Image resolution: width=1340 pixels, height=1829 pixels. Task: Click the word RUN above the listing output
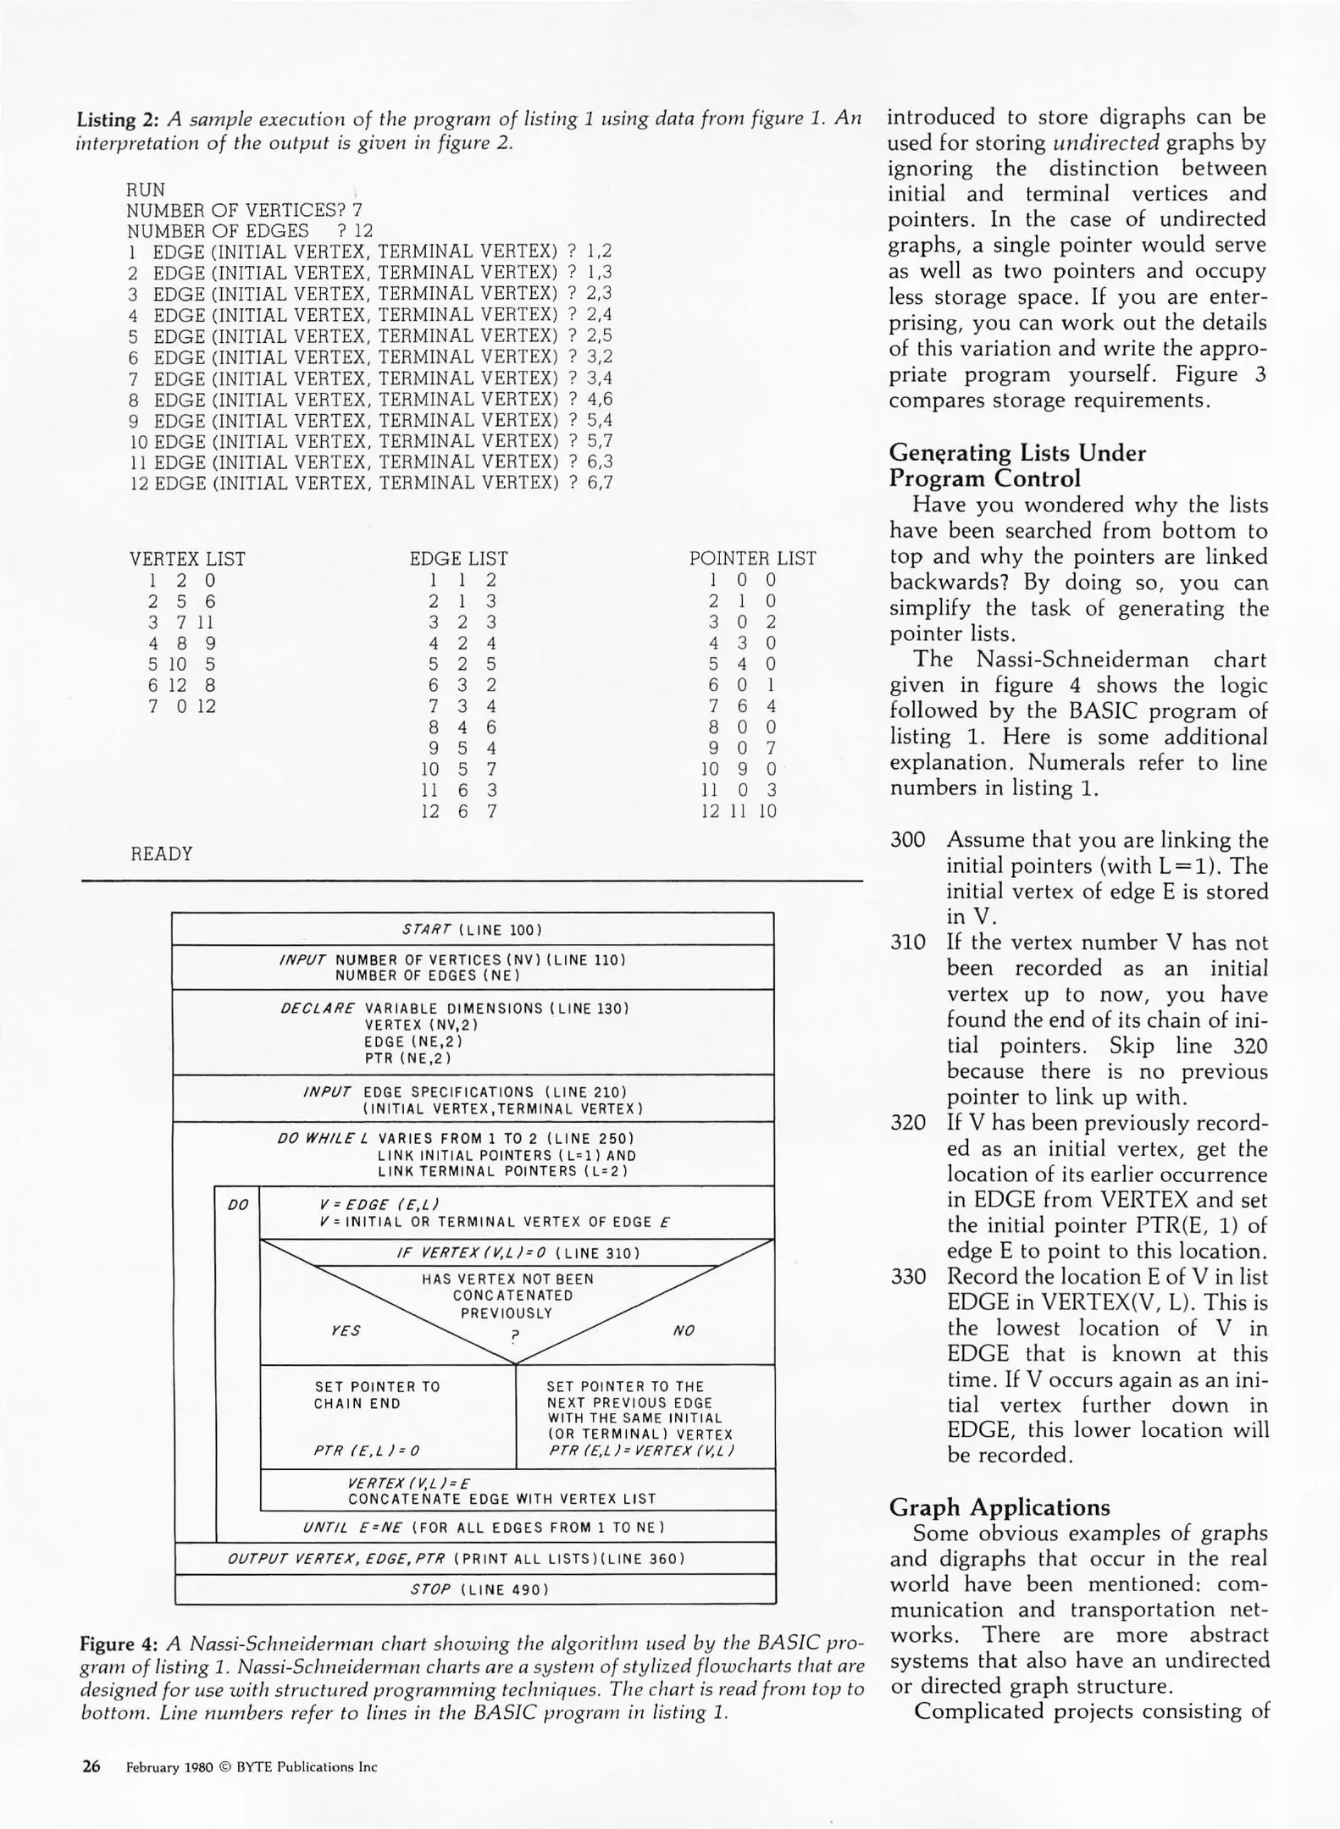[x=146, y=190]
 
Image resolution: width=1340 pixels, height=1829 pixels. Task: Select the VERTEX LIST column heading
[x=187, y=559]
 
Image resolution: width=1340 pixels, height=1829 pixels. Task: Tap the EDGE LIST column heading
[x=458, y=559]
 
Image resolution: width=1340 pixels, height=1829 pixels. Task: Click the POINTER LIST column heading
[x=752, y=559]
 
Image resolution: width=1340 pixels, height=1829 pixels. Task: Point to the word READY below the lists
[x=162, y=854]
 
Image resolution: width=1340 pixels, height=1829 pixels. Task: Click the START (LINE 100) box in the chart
[x=473, y=930]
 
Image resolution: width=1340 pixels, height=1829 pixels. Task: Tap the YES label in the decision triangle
[x=346, y=1330]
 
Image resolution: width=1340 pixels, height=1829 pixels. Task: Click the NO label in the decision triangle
[x=683, y=1330]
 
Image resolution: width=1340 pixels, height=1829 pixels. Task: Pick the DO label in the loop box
[x=238, y=1205]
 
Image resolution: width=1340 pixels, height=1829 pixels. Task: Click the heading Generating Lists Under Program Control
[x=1016, y=466]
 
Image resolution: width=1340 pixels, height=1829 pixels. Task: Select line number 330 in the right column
[x=907, y=1276]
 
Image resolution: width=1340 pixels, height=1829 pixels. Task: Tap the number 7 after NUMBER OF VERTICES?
[x=357, y=210]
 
